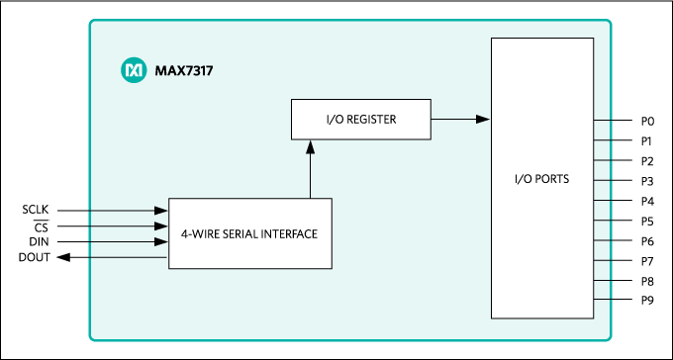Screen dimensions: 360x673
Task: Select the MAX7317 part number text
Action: point(184,71)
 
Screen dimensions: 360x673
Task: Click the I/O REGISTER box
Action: point(361,119)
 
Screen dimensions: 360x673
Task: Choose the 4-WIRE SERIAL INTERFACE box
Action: point(249,233)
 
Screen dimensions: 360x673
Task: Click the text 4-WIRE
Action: point(199,234)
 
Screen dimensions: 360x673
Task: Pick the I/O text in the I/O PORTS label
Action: point(524,179)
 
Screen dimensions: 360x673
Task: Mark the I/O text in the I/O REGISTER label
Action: point(336,120)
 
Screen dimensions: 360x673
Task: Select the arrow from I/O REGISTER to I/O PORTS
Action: point(460,119)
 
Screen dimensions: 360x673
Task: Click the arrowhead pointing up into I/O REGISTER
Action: point(310,145)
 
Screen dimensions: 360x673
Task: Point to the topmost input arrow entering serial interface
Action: point(129,210)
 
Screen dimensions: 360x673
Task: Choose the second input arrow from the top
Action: point(129,225)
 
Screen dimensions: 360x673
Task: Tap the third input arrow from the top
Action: point(129,241)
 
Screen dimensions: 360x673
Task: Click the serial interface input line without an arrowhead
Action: point(129,257)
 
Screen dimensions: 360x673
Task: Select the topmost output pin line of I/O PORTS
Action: point(604,120)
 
